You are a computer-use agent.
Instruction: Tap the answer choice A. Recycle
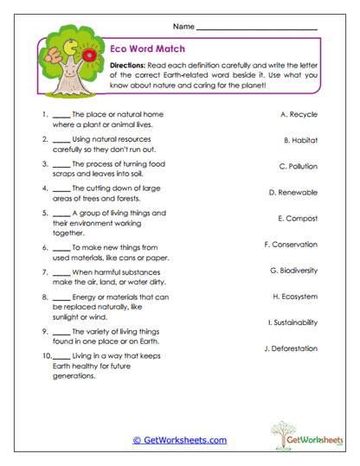299,113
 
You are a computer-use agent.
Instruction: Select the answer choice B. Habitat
300,139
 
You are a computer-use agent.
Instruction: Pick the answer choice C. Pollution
298,166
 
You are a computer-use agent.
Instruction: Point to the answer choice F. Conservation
290,245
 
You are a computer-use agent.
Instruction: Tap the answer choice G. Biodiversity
293,271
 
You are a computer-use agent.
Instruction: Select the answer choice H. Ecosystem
294,297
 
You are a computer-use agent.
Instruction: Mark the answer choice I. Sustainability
292,322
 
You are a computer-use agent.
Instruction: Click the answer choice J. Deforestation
291,348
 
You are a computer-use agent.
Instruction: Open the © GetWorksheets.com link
180,440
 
